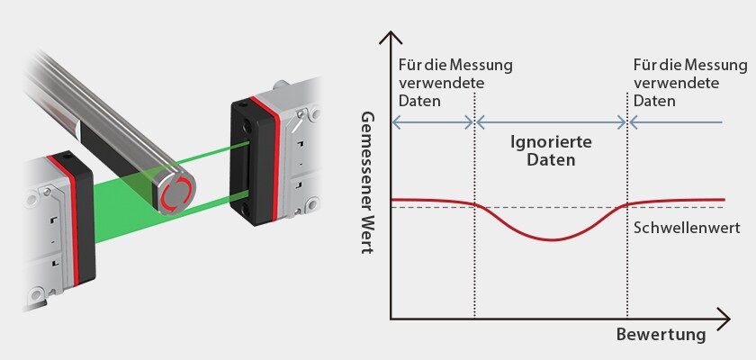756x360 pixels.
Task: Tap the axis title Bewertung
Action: (661, 335)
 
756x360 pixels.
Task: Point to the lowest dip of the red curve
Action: (551, 239)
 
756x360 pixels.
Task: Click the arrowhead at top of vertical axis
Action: (390, 38)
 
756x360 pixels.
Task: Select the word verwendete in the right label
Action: (676, 83)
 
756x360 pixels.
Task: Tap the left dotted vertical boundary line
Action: (474, 270)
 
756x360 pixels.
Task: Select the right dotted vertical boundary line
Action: (626, 270)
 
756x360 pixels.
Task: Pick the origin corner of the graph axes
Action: (390, 318)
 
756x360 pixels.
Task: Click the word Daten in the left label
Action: (417, 101)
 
